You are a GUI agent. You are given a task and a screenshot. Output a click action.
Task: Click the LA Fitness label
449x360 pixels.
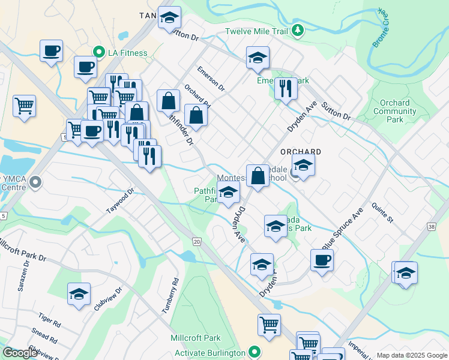[x=127, y=53]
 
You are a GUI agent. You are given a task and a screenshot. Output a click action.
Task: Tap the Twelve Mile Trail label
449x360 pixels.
[x=258, y=31]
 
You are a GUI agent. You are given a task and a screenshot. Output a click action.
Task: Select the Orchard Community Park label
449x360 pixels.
[x=394, y=111]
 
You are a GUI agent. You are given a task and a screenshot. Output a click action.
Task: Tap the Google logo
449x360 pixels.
[x=20, y=353]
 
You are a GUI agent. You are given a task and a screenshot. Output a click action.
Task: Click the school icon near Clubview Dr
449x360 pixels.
[x=79, y=294]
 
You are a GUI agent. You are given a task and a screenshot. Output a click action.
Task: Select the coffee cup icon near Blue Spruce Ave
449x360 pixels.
[x=322, y=260]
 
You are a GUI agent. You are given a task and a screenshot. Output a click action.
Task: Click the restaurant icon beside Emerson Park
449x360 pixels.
[x=286, y=88]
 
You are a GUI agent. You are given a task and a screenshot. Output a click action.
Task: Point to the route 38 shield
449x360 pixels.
[x=431, y=226]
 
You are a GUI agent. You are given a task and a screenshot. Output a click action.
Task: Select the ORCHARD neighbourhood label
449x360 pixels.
[x=301, y=152]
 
